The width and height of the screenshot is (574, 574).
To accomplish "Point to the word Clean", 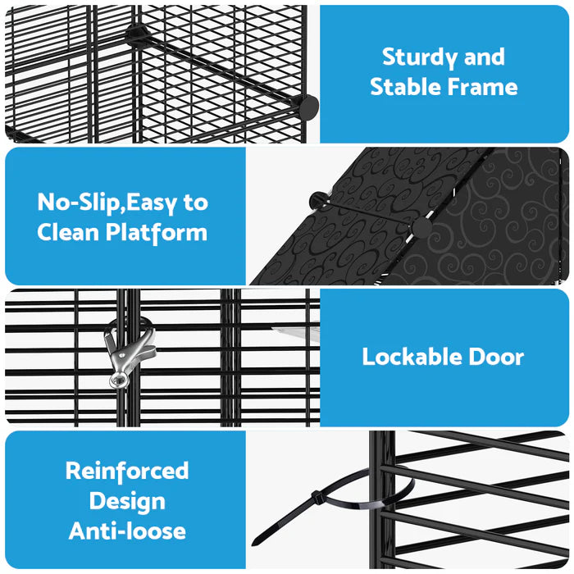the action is (68, 232).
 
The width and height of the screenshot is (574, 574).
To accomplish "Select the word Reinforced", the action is (127, 471).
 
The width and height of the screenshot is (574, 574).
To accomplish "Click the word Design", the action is (127, 502).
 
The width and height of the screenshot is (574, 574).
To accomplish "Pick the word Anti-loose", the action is (127, 531).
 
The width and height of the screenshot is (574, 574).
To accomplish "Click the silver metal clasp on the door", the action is (128, 352).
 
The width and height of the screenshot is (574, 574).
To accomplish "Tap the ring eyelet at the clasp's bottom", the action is (120, 380).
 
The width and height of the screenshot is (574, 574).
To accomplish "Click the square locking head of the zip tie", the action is (318, 498).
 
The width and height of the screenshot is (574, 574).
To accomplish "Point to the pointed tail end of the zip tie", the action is (254, 543).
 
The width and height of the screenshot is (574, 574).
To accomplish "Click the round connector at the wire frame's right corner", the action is (307, 107).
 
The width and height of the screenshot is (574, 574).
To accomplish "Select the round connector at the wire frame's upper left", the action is (138, 35).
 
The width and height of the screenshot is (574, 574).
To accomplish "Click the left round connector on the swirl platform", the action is (319, 200).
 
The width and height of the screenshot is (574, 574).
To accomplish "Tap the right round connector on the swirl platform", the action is (421, 227).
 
